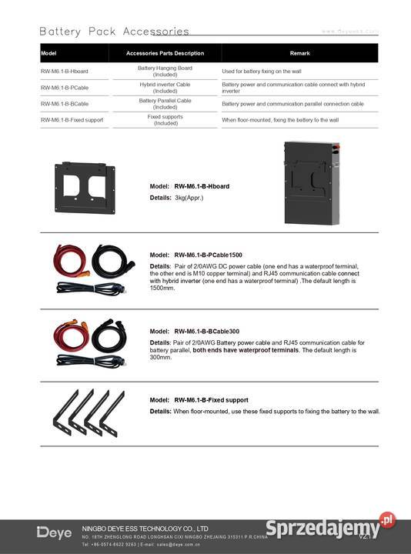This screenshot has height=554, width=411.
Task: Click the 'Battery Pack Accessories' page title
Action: coord(114,32)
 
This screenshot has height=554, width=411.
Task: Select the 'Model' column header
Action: coord(49,53)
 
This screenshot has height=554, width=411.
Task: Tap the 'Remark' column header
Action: coord(299,53)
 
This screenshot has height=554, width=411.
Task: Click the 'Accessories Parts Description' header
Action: coord(165,53)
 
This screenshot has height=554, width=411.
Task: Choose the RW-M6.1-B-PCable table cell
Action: coord(64,87)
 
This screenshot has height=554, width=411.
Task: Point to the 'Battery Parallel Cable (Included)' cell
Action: coord(165,104)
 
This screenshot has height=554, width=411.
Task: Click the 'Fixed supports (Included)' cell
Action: coord(165,120)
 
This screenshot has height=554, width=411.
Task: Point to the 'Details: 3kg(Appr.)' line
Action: coord(175,198)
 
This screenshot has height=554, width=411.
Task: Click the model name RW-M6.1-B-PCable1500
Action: coord(208,255)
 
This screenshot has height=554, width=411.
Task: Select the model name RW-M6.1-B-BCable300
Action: coord(205,332)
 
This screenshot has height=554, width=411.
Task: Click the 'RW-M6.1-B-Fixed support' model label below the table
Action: coord(211,400)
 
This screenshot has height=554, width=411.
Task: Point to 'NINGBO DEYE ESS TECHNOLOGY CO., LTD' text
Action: coord(145,529)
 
